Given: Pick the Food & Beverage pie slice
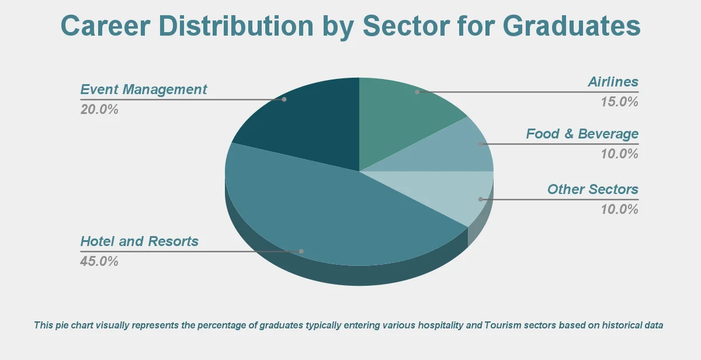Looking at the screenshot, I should [x=461, y=152].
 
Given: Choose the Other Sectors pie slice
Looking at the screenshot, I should [x=456, y=193].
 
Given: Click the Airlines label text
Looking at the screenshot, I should [x=613, y=82].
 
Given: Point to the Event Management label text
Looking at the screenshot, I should [x=144, y=89].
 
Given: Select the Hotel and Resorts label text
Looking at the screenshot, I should [x=140, y=241].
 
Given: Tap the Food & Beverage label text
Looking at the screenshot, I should [x=582, y=134].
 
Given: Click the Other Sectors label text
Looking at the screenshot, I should [x=592, y=189].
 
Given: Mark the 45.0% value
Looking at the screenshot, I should [x=99, y=261].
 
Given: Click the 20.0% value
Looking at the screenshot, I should [x=99, y=109].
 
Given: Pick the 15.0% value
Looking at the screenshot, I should [x=620, y=102].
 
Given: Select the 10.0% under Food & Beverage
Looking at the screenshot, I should [x=620, y=154].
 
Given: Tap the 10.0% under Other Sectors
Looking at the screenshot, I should [x=620, y=209].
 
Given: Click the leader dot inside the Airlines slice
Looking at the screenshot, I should [x=417, y=92].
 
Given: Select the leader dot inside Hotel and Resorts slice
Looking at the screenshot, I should [x=301, y=251].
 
